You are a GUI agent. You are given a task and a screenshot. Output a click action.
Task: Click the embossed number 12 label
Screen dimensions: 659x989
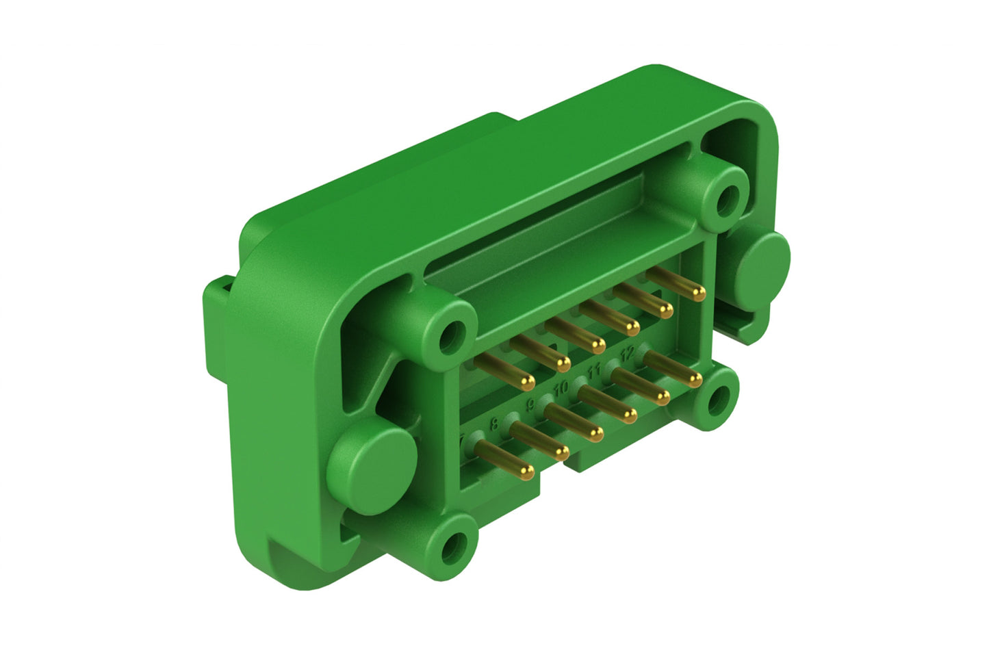(x=626, y=353)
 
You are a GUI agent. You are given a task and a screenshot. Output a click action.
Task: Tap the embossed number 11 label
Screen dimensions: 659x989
(x=594, y=371)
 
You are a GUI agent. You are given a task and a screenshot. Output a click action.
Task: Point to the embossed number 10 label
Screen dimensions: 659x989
(x=561, y=388)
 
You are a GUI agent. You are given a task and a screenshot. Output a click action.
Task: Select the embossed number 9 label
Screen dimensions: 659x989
(x=529, y=405)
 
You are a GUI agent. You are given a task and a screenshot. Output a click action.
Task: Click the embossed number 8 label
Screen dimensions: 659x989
(x=494, y=424)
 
